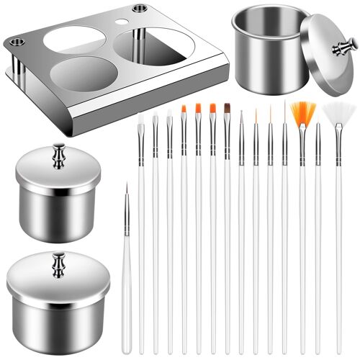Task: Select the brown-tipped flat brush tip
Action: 227,109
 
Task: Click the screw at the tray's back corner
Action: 138,9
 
